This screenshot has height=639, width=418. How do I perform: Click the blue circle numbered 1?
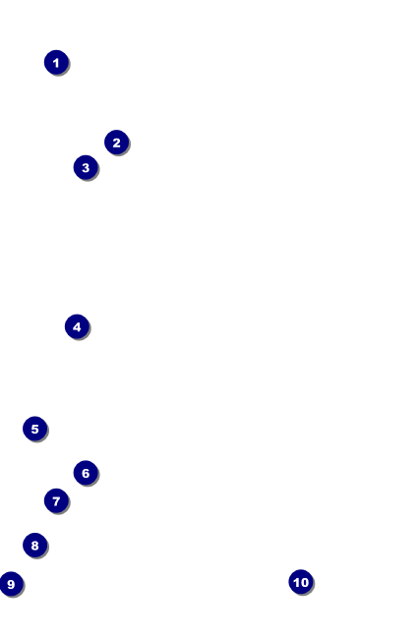(x=56, y=62)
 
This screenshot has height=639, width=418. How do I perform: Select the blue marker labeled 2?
(x=117, y=143)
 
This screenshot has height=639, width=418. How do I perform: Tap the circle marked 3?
(x=86, y=167)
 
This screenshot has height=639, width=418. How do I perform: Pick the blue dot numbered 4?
(x=77, y=326)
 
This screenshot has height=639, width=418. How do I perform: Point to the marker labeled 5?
(x=35, y=429)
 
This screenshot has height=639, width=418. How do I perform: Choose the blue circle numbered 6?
(x=86, y=473)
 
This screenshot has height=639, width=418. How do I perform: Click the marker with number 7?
(x=56, y=500)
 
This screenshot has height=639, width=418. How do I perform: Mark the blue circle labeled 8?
(x=35, y=545)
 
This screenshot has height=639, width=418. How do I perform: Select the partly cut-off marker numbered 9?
(x=11, y=584)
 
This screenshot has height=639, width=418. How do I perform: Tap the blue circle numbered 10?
(x=301, y=582)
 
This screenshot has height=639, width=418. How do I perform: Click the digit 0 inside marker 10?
(x=304, y=582)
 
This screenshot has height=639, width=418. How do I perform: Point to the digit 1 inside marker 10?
(x=296, y=582)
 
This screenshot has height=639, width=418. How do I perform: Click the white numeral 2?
(x=117, y=143)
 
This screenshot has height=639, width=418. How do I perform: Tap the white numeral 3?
(x=86, y=167)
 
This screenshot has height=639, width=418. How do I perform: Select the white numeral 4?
(x=77, y=326)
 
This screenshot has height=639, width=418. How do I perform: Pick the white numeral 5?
(x=35, y=430)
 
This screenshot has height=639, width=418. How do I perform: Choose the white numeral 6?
(x=86, y=473)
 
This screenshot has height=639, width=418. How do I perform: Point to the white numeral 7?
(x=56, y=501)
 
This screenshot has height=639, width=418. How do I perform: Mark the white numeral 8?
(x=35, y=546)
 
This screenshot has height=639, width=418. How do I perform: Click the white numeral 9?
(x=11, y=584)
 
